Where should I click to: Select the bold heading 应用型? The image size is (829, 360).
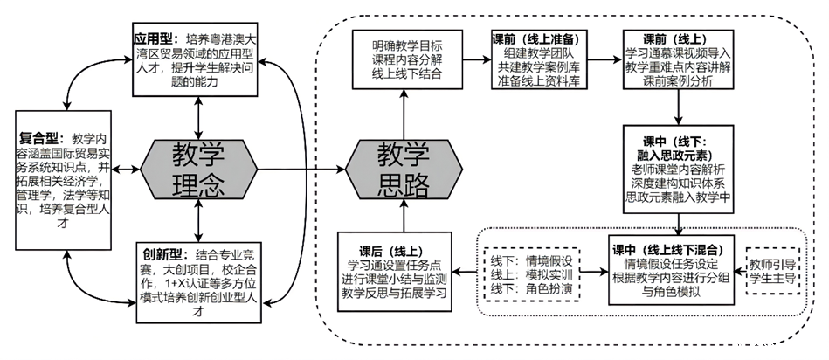tap(151, 39)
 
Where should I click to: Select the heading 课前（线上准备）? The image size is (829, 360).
tap(536, 39)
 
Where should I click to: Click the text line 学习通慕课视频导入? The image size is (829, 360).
tap(677, 54)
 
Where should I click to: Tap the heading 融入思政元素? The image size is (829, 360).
tap(678, 154)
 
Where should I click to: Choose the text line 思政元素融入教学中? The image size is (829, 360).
tap(678, 198)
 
